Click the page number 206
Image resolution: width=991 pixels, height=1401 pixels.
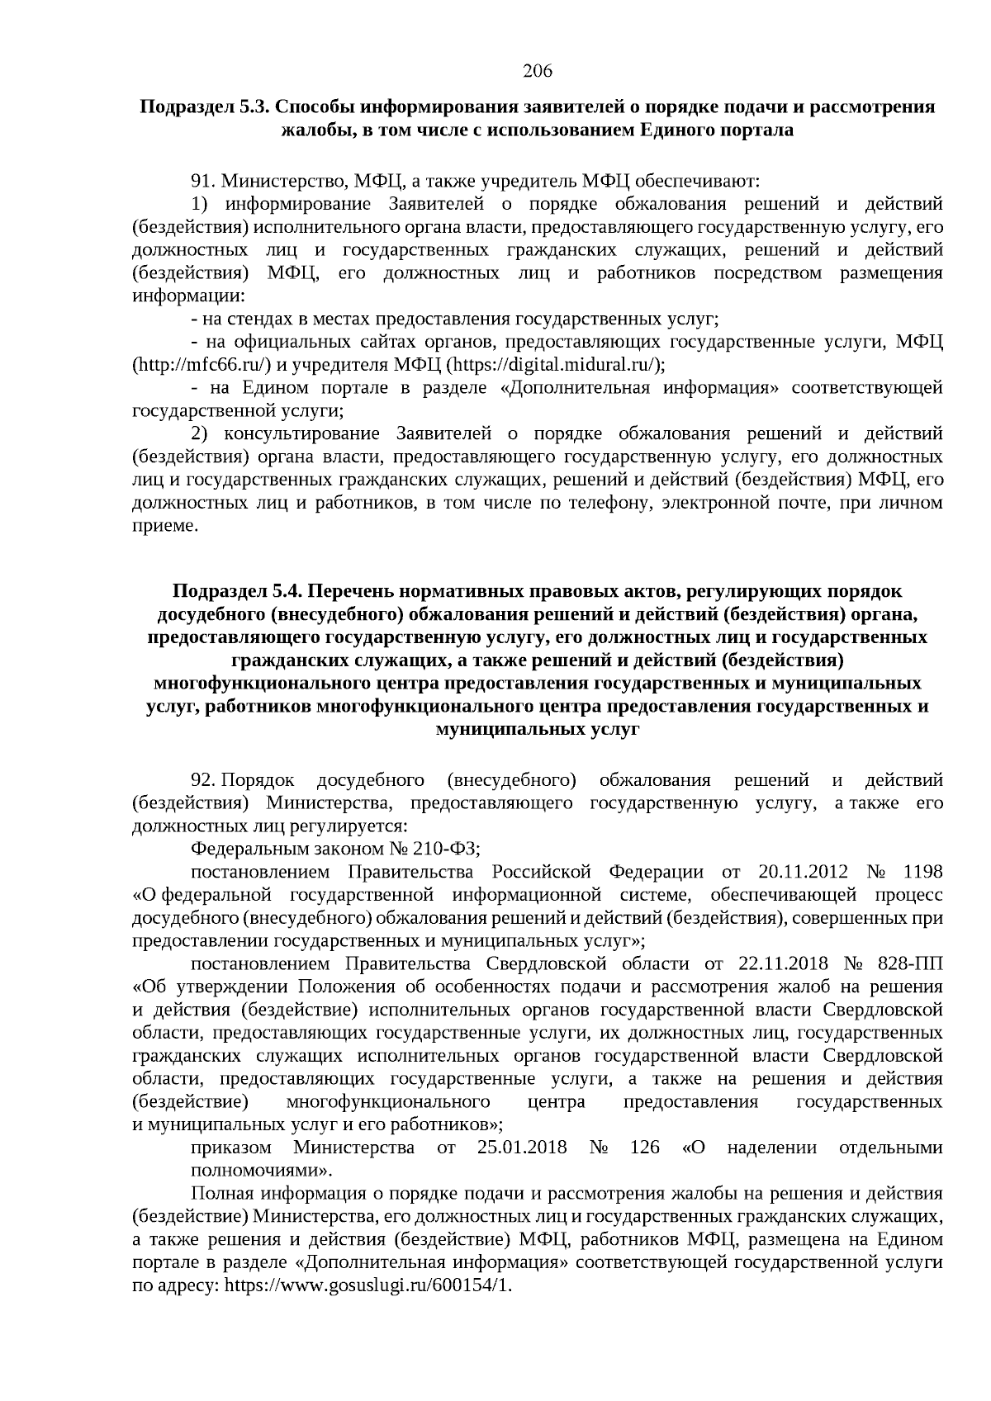pyautogui.click(x=537, y=71)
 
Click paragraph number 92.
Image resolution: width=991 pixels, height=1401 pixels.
pyautogui.click(x=203, y=780)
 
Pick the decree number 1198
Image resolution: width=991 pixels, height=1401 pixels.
pyautogui.click(x=923, y=873)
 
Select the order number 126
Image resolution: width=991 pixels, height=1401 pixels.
pyautogui.click(x=644, y=1148)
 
